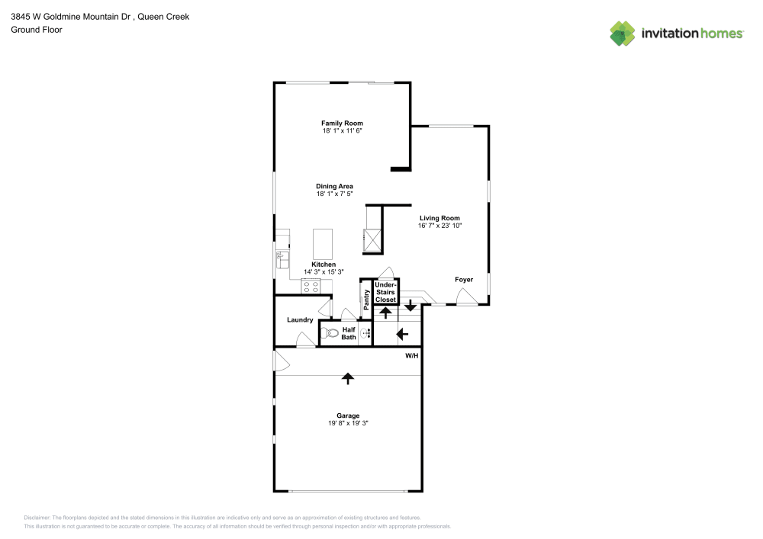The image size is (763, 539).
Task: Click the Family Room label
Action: (342, 123)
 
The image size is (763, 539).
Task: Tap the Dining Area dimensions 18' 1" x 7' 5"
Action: (334, 194)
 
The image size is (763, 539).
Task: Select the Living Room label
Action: (439, 218)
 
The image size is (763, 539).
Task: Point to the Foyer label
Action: (464, 280)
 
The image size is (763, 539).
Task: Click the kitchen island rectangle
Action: (323, 244)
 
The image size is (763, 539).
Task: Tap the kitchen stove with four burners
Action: (311, 286)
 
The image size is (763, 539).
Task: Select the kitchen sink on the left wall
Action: (282, 259)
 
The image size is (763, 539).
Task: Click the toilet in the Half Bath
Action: (330, 333)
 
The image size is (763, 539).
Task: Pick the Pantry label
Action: (366, 300)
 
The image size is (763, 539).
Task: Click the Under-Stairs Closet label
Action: (385, 292)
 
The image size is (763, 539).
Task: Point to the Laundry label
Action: (300, 319)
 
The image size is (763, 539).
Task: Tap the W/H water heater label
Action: (412, 356)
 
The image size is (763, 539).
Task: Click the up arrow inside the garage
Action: (347, 378)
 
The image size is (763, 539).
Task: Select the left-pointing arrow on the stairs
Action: (402, 335)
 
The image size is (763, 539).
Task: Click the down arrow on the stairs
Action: (410, 306)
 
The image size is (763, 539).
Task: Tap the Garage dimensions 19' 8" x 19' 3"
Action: (348, 423)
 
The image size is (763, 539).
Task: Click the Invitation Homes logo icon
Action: (623, 34)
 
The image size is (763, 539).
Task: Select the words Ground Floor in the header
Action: (37, 30)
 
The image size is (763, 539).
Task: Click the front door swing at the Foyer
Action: (467, 297)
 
